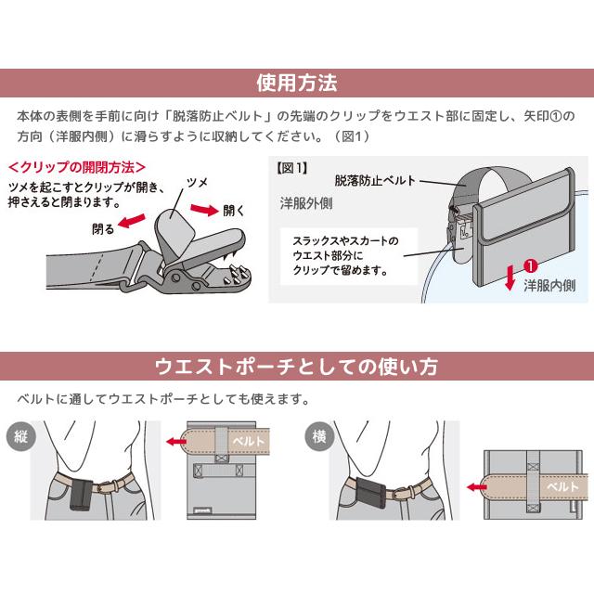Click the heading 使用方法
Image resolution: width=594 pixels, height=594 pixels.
click(296, 83)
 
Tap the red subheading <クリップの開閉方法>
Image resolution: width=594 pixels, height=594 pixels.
click(76, 168)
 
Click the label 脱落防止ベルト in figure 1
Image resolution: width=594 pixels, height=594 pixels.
click(375, 180)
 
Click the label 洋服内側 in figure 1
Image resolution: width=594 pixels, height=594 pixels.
click(553, 285)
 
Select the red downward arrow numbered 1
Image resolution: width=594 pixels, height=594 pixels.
click(509, 276)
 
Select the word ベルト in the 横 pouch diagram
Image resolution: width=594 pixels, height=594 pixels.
click(562, 485)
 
